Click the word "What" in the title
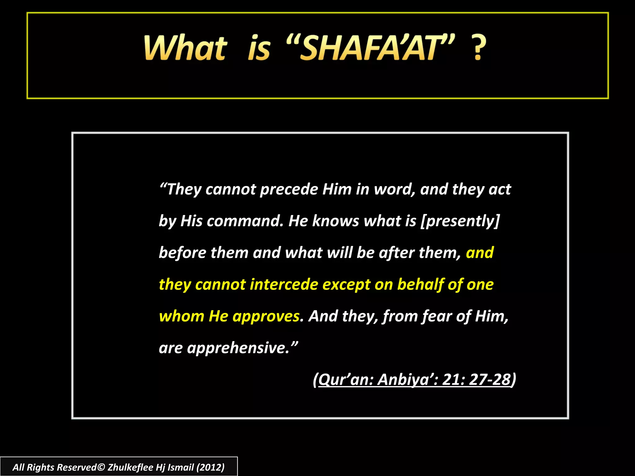[x=185, y=48]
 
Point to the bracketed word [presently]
[x=460, y=221]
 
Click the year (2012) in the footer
[x=210, y=467]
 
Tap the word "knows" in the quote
[x=335, y=221]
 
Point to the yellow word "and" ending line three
[x=479, y=253]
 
